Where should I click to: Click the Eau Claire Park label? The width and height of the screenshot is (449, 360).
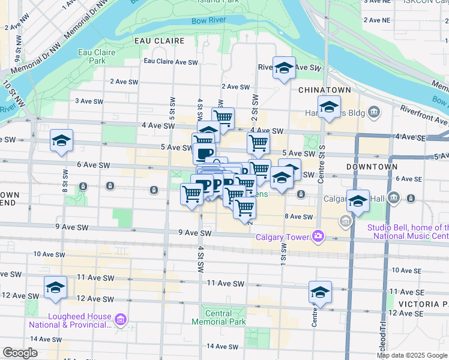(96, 56)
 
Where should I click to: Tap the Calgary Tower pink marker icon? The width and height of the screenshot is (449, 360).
(317, 236)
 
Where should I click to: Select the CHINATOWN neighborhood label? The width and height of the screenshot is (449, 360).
(324, 89)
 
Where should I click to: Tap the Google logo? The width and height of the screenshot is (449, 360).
(20, 353)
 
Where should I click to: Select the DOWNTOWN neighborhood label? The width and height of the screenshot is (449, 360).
(372, 166)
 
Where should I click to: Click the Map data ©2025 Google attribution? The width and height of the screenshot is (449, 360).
(412, 355)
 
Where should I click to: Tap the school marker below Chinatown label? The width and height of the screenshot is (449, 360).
(329, 107)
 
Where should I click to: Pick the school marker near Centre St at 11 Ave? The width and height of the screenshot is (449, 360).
(320, 292)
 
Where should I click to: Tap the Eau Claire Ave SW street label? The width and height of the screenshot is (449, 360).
(170, 62)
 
